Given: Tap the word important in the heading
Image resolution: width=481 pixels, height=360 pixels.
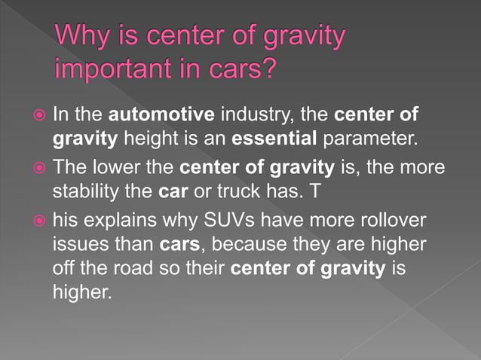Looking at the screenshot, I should click(x=117, y=69).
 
